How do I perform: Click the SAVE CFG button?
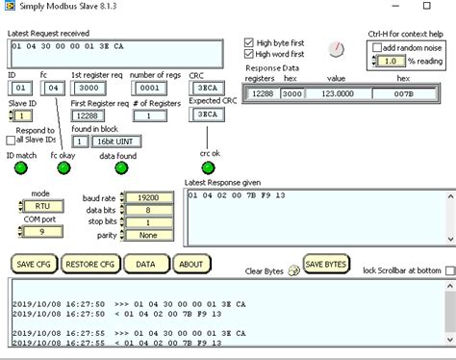(x=36, y=264)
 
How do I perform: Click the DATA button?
(x=144, y=264)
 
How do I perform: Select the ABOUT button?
(x=191, y=264)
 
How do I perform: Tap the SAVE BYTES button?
(x=327, y=264)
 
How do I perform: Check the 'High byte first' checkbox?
(x=250, y=43)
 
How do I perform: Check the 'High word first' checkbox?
(x=250, y=54)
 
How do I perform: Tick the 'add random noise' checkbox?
(x=378, y=47)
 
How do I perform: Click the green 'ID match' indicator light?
(x=19, y=168)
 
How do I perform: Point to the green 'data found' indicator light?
(x=121, y=168)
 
